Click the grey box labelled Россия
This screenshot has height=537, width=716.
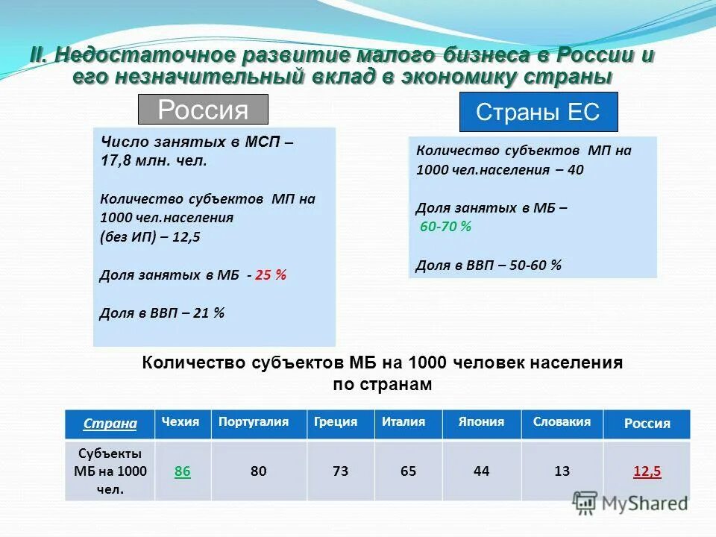[203, 110]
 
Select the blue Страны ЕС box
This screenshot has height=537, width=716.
[538, 113]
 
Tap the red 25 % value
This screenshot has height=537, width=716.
[271, 274]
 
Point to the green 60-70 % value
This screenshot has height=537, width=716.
[445, 226]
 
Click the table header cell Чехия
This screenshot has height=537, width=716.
[182, 422]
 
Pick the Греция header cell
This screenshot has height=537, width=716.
[336, 422]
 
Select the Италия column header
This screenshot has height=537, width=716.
[403, 422]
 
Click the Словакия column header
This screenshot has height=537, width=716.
[562, 422]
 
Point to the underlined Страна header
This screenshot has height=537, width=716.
[110, 424]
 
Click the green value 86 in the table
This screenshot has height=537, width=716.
[182, 471]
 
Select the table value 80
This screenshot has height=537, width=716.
[258, 471]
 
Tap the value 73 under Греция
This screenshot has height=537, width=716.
[339, 471]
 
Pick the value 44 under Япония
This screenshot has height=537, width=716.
[481, 471]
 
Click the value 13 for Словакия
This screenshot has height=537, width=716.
[562, 471]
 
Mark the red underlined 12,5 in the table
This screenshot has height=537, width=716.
[647, 471]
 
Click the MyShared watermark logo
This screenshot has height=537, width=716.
[630, 503]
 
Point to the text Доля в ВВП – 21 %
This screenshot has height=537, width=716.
[162, 313]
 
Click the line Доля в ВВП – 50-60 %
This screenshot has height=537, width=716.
[489, 265]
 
